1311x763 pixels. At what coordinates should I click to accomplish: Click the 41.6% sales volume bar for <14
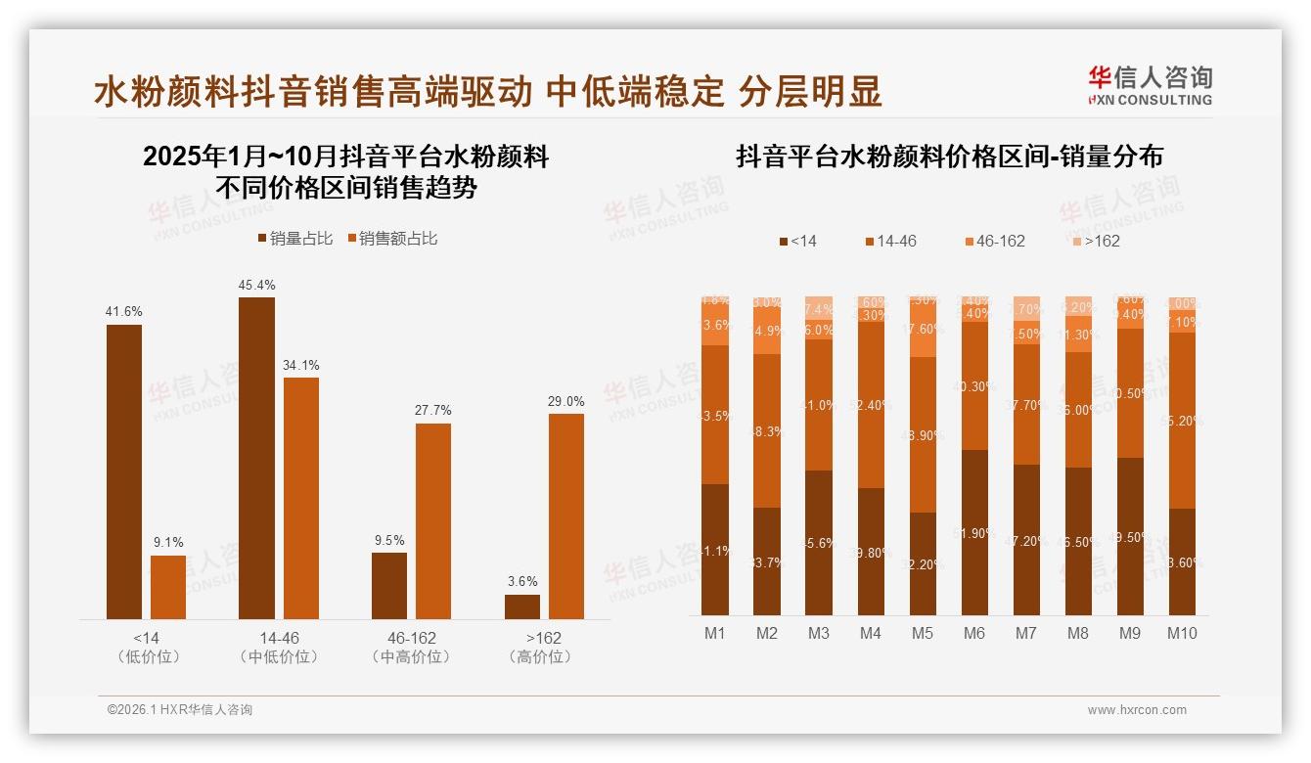tap(124, 471)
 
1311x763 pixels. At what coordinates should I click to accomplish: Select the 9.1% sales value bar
tap(168, 587)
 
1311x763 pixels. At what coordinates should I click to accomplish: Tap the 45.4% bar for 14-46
tap(256, 458)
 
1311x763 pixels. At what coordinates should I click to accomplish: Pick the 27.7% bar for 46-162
tap(433, 520)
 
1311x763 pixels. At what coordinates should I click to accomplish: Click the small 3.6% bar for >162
tap(522, 606)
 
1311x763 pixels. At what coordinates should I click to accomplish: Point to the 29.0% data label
tap(566, 401)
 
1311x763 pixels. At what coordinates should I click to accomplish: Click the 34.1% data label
tap(300, 365)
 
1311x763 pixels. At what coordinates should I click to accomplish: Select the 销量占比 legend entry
tap(294, 238)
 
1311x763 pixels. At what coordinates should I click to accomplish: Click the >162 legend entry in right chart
tap(1094, 241)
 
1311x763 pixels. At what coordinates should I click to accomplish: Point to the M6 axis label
tap(973, 633)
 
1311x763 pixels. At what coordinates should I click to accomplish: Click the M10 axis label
tap(1182, 633)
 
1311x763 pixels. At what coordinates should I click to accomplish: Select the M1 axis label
tap(715, 633)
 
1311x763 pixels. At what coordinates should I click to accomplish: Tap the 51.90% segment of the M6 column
tap(973, 532)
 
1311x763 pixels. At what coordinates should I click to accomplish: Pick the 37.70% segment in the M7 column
tap(1025, 404)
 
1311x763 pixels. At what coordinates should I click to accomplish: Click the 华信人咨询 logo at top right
tap(1150, 85)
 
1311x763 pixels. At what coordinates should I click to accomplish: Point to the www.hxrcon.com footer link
tap(1137, 710)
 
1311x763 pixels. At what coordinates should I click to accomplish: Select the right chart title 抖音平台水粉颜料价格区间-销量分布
tap(949, 157)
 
